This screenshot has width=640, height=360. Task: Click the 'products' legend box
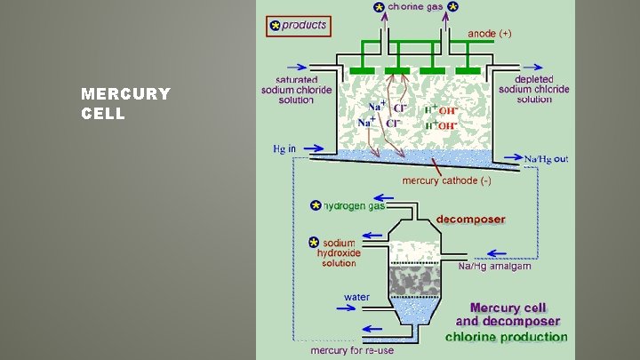point(299,26)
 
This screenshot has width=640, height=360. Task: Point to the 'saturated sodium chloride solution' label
point(289,89)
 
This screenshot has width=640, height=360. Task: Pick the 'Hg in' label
point(285,148)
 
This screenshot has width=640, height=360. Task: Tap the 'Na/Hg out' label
point(544,160)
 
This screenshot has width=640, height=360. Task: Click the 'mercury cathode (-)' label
point(447,180)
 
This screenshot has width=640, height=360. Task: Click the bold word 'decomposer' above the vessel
point(470,219)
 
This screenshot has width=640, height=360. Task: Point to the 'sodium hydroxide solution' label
point(339,252)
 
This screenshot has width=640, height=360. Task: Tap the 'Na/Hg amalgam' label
point(495,266)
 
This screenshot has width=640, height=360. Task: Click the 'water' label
point(356,297)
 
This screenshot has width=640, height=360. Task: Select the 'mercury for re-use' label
point(352,350)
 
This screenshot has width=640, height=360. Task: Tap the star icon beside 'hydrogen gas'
point(316,205)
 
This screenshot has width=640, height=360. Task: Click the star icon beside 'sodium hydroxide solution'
point(313,242)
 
